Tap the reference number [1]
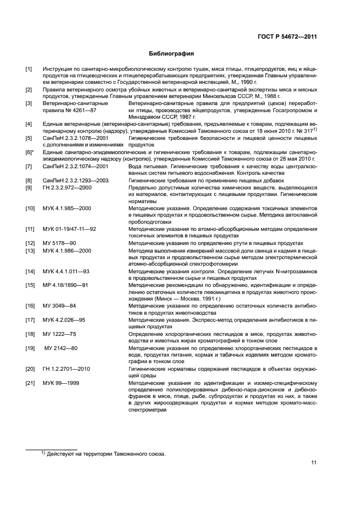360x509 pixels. pos(29,69)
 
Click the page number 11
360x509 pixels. pos(314,463)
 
